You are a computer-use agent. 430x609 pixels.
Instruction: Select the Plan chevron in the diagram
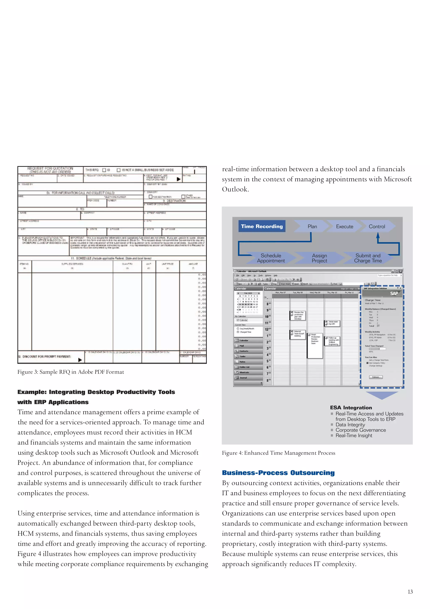click(x=312, y=227)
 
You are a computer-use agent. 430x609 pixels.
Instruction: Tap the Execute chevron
click(x=344, y=227)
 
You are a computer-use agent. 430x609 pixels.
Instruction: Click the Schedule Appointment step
click(x=271, y=258)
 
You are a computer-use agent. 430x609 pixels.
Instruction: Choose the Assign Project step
click(x=319, y=258)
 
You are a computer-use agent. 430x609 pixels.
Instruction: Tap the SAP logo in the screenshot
click(x=394, y=293)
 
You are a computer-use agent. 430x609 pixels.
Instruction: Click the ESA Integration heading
click(x=351, y=408)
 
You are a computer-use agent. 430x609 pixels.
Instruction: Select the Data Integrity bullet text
click(x=350, y=425)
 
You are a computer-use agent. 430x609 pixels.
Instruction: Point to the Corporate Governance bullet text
click(x=360, y=430)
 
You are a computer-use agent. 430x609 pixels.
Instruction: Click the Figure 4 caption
click(x=278, y=453)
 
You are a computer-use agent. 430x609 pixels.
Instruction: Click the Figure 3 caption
click(x=71, y=372)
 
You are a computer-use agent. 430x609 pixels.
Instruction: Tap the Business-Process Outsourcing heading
click(x=278, y=473)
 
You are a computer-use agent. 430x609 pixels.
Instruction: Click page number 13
click(x=410, y=592)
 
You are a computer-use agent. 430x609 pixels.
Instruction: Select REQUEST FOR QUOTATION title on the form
click(x=50, y=168)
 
